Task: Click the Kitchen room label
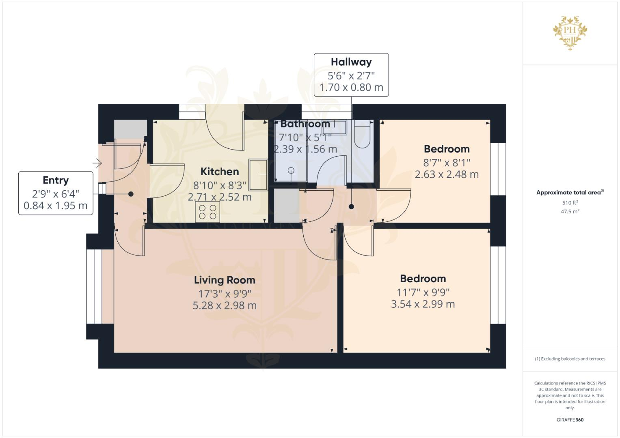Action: click(220, 172)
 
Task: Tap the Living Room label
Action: click(225, 280)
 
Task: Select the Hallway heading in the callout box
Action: click(351, 62)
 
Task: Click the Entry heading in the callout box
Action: click(56, 180)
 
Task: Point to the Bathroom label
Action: click(305, 124)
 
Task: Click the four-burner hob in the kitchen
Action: click(207, 212)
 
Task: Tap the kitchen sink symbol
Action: click(258, 175)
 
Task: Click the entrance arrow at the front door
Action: click(97, 163)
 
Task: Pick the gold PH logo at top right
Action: click(570, 32)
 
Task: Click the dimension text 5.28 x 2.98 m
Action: click(225, 305)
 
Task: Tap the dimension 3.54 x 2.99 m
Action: click(423, 304)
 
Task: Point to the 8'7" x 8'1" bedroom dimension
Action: click(447, 163)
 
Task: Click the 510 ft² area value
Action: click(570, 203)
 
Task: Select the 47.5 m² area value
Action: click(570, 211)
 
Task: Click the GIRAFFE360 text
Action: click(570, 420)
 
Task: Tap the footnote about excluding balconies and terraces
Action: click(570, 359)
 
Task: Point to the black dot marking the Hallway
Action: click(351, 207)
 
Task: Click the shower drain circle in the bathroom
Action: click(291, 171)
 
